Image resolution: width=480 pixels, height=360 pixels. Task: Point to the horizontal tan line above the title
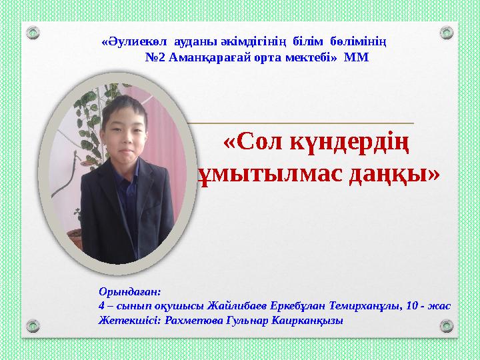tap(300, 123)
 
